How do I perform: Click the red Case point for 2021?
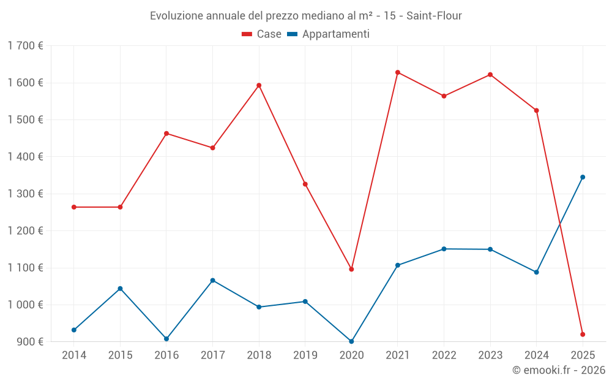398,72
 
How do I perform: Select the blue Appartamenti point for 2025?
583,177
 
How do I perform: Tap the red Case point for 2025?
583,335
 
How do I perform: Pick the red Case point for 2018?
259,85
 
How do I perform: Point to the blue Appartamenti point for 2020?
351,341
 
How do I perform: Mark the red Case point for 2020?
351,269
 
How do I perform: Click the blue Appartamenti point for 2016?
166,339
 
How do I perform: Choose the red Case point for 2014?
74,207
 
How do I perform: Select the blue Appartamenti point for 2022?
444,249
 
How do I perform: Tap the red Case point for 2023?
490,75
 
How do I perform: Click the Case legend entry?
262,34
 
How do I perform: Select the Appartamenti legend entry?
329,34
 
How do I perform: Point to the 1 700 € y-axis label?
25,46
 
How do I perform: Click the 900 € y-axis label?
29,341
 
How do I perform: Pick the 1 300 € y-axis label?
25,194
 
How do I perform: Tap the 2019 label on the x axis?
305,355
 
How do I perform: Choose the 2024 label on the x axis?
536,355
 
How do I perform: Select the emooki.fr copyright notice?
558,370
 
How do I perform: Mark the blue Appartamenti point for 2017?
212,280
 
